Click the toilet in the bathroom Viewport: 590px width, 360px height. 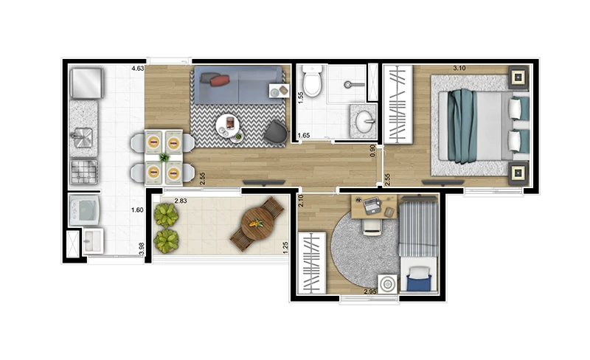pyautogui.click(x=313, y=80)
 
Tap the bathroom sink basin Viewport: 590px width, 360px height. pyautogui.click(x=364, y=122)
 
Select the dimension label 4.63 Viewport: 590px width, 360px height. pyautogui.click(x=137, y=69)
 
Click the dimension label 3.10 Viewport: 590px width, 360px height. pyautogui.click(x=459, y=68)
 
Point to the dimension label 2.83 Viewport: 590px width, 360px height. pyautogui.click(x=181, y=201)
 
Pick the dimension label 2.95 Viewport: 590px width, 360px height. pyautogui.click(x=371, y=291)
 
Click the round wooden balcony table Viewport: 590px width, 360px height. pyautogui.click(x=257, y=224)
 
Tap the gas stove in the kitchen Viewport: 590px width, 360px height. pyautogui.click(x=84, y=172)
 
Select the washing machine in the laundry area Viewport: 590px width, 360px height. pyautogui.click(x=84, y=210)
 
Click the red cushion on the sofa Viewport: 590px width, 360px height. pyautogui.click(x=220, y=80)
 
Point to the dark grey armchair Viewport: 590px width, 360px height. pyautogui.click(x=276, y=132)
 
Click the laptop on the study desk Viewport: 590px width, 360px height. pyautogui.click(x=372, y=206)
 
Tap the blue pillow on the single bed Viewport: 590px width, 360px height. pyautogui.click(x=419, y=283)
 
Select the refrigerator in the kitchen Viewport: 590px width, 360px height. pyautogui.click(x=86, y=83)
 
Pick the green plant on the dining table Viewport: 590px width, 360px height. pyautogui.click(x=164, y=157)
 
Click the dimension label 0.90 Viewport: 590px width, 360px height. pyautogui.click(x=372, y=150)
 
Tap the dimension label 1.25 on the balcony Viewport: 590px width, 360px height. pyautogui.click(x=285, y=248)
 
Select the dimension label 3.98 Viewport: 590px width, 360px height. pyautogui.click(x=142, y=249)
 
